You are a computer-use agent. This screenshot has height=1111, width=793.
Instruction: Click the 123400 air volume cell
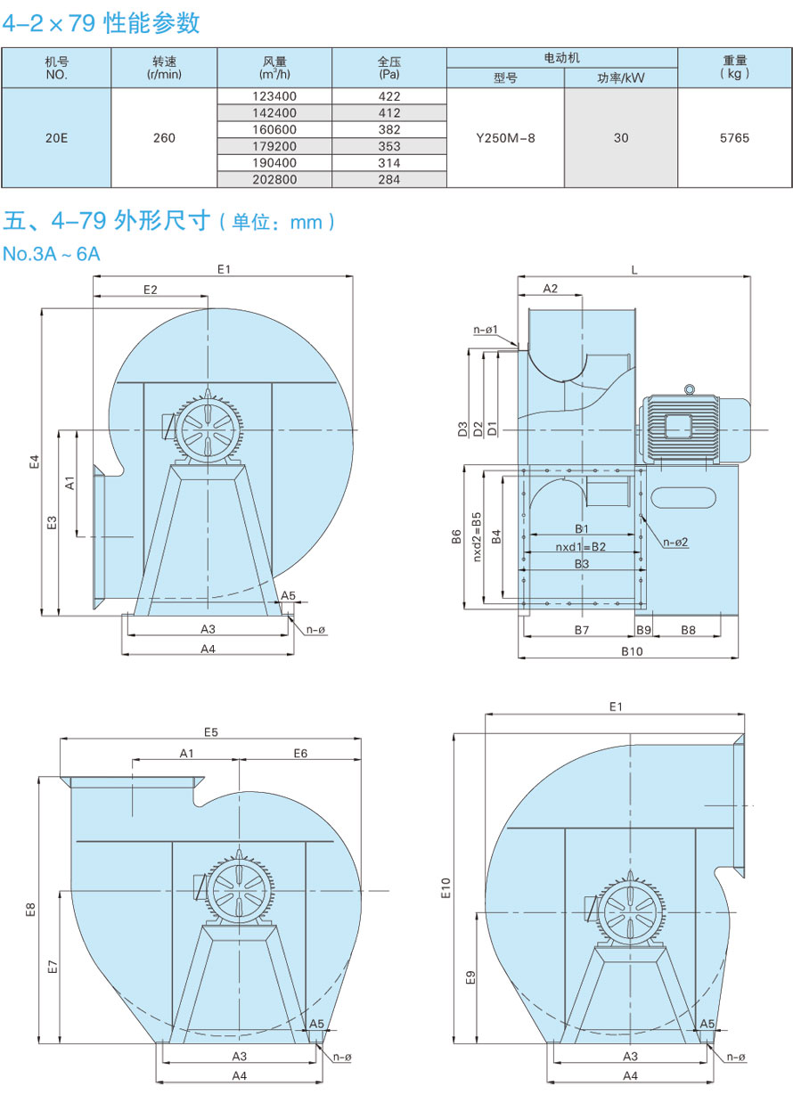point(274,96)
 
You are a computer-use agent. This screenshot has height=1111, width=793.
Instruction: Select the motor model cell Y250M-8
point(505,138)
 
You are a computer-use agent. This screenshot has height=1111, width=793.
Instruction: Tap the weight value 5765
point(734,138)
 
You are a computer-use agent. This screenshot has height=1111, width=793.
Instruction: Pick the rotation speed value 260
point(164,138)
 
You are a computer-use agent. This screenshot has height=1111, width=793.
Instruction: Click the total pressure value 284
point(389,180)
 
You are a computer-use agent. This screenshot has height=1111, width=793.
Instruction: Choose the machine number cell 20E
point(56,138)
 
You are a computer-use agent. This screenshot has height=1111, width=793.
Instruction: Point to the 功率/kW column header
point(621,78)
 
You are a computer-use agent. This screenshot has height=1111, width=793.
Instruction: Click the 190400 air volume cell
point(274,163)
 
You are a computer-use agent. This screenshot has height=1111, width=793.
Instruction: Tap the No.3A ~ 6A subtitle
point(52,255)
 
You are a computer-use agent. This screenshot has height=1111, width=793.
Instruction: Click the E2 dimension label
point(150,290)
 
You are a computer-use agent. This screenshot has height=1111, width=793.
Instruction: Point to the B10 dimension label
point(632,651)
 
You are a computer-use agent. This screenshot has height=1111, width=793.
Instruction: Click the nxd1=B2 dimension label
point(581,546)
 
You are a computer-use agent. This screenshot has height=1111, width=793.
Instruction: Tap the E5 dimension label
point(211,732)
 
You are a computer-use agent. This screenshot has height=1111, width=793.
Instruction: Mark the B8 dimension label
point(688,630)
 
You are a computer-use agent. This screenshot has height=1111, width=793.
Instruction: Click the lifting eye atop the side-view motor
point(688,388)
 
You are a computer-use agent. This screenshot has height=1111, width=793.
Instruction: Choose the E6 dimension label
point(300,754)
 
